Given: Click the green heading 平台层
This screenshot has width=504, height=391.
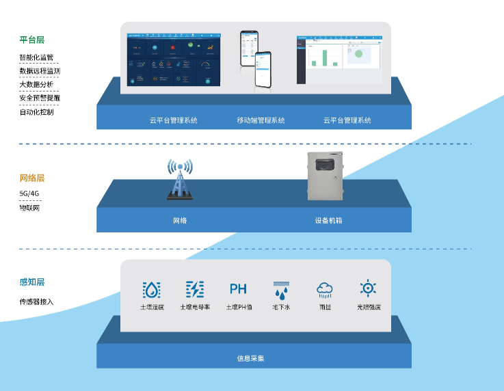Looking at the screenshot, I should pos(31,40).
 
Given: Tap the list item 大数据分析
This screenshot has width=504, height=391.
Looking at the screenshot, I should pos(36,84).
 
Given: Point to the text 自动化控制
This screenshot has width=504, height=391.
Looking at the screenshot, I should pos(36,111).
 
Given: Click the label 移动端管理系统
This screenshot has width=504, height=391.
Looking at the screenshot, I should pos(261,120).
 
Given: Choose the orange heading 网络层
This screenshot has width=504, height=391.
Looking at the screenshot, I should pos(31,178).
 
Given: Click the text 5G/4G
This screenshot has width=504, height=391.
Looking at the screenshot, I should pos(29,193).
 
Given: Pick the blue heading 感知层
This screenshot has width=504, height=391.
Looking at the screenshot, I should pos(31,282).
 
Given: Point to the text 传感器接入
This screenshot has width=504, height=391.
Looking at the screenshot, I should pos(36,301).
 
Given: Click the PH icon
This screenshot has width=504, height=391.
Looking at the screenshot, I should pos(238,289).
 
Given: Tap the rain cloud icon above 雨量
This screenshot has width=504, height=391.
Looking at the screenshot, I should pos(325,290).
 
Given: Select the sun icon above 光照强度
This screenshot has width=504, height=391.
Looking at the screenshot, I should pos(369,288).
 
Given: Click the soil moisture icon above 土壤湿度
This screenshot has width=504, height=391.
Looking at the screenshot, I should pos(151,290).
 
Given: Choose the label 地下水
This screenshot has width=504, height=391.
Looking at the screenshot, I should pos(282,308).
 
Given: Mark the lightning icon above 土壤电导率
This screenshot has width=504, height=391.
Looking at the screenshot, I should pos(195,290).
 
